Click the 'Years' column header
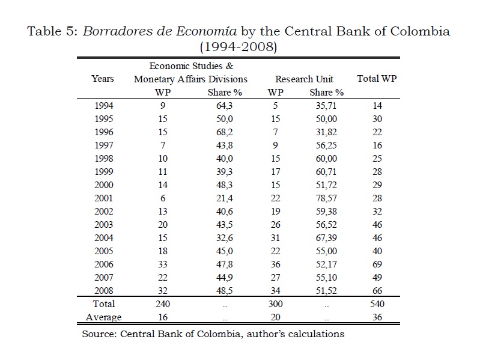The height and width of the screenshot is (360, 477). click(102, 79)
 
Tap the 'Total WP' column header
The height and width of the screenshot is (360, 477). click(377, 79)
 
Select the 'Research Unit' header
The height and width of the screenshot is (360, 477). click(304, 79)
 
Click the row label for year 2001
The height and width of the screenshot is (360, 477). click(103, 198)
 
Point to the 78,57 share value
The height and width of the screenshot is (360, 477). click(327, 198)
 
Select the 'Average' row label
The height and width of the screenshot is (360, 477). click(104, 317)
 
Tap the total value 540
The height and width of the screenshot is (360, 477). click(377, 304)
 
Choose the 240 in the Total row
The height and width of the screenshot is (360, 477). click(163, 304)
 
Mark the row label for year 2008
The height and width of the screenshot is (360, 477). click(103, 290)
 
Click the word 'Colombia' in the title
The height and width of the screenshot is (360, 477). click(421, 31)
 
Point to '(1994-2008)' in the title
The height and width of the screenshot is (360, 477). click(239, 46)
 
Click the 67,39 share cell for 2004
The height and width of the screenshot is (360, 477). click(327, 237)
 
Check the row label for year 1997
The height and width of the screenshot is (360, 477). click(103, 145)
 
